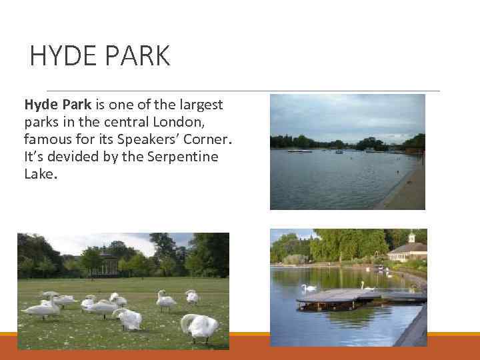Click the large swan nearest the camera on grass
click(200, 326)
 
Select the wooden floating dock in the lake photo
click(347, 296)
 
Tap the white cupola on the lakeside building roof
click(411, 236)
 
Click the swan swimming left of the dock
click(309, 287)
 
